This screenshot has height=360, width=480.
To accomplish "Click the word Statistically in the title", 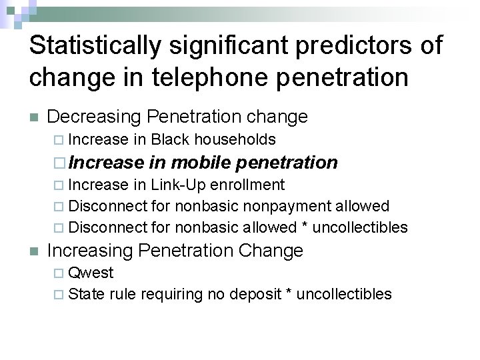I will click(95, 46).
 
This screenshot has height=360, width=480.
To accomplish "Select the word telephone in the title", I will click(193, 77).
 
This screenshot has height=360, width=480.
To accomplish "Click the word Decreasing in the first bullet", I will click(94, 117).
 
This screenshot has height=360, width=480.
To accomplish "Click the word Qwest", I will click(91, 273).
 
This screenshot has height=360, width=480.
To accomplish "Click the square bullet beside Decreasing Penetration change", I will click(34, 117).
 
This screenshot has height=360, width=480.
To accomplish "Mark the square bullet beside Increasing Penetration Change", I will click(34, 251).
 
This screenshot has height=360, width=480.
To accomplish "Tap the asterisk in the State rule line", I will click(289, 293).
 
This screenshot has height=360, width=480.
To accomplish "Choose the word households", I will click(235, 139).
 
